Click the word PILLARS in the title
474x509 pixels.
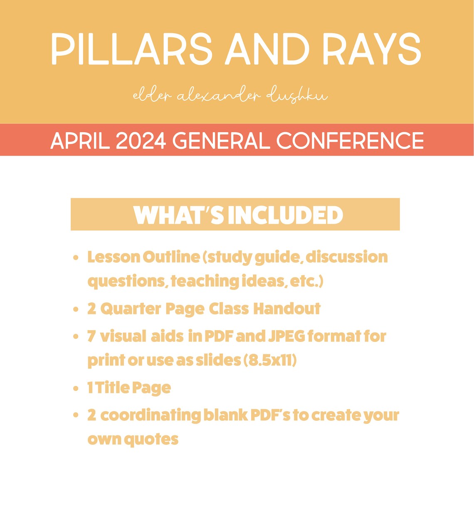click(131, 49)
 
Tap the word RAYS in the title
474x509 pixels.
click(372, 49)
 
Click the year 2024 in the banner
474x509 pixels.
click(141, 141)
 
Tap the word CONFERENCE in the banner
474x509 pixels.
click(350, 141)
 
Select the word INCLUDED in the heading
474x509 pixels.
click(285, 215)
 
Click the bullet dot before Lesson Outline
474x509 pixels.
click(76, 258)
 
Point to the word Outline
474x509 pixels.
click(171, 257)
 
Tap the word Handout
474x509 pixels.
click(287, 309)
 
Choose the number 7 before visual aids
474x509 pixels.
click(91, 336)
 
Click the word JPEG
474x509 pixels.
click(287, 336)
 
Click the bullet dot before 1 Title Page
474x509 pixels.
click(76, 389)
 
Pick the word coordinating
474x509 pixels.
click(150, 415)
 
